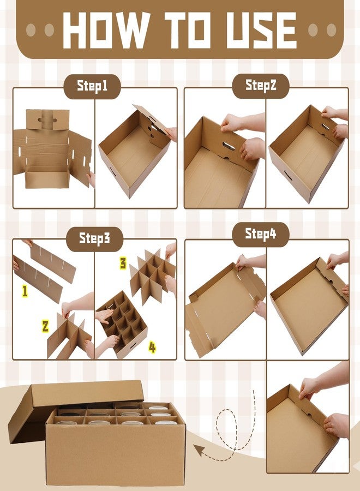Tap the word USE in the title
coord(261,30)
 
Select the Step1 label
coord(92,86)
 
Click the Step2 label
coord(261,85)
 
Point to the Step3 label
coord(94,238)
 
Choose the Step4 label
coord(260,233)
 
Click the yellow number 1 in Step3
coord(25,291)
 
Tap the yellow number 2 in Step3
coord(45,326)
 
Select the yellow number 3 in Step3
coord(123,263)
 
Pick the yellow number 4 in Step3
coord(152,348)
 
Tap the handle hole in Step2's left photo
coord(229,146)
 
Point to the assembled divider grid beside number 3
coord(152,276)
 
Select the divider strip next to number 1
coord(37,278)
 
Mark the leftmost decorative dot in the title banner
coord(31,30)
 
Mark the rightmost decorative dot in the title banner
coord(331,30)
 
